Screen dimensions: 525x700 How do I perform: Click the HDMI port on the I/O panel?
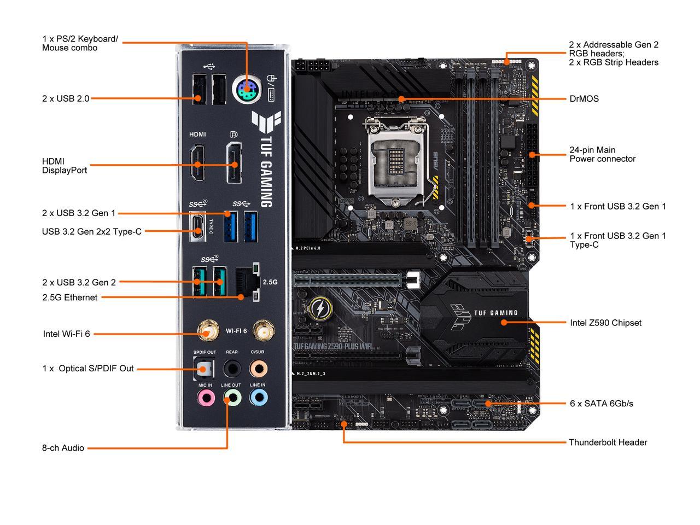click(197, 163)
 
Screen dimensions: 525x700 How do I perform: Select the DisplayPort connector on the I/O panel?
click(235, 163)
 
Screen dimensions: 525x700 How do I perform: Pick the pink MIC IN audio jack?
click(206, 397)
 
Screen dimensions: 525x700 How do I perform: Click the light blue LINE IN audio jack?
click(258, 397)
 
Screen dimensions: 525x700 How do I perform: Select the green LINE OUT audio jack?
click(232, 397)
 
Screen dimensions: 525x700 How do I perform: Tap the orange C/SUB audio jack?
click(258, 369)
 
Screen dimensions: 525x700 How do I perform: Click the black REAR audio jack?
click(232, 369)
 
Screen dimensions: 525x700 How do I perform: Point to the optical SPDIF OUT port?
click(204, 369)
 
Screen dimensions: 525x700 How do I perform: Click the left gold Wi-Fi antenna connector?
click(206, 331)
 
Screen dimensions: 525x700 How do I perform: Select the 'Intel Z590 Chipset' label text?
click(605, 323)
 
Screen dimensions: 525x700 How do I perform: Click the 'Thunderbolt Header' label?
click(608, 442)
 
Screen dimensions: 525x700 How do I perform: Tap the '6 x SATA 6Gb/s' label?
click(601, 404)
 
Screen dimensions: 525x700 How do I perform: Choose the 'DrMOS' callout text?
click(584, 99)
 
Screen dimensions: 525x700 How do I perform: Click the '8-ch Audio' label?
click(63, 448)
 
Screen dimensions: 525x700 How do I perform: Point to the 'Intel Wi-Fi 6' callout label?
click(66, 334)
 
